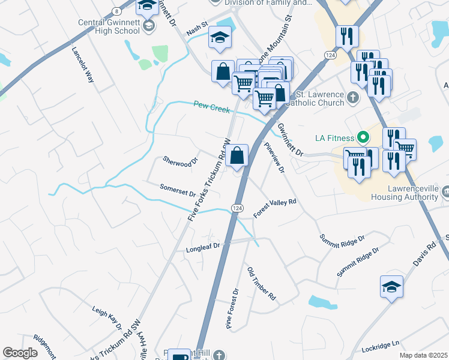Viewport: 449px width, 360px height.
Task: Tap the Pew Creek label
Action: [x=212, y=106]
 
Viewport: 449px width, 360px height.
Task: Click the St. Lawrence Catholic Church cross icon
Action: [x=354, y=96]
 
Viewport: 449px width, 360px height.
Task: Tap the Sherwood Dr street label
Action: [x=180, y=161]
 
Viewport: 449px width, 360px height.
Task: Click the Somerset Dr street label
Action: [x=178, y=190]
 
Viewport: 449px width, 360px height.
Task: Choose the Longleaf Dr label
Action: [x=204, y=246]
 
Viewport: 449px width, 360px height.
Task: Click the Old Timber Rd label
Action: [x=262, y=284]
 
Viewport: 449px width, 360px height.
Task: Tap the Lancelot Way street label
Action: [x=83, y=65]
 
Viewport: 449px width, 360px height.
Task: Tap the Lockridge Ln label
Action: [x=381, y=347]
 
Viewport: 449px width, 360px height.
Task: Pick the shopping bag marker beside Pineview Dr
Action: [x=238, y=156]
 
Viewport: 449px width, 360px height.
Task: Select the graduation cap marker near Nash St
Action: [x=220, y=37]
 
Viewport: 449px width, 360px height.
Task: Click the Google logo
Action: [x=20, y=353]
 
